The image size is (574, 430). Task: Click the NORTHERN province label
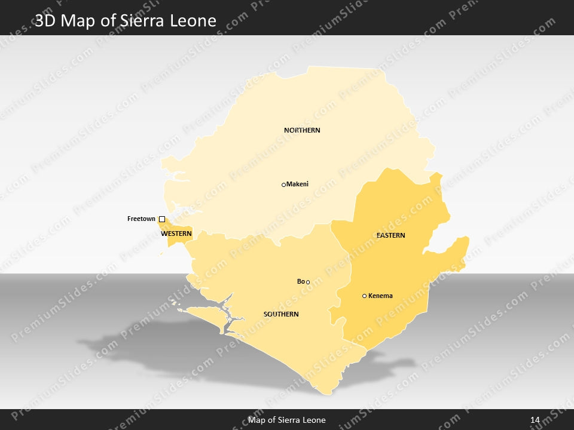coord(302,130)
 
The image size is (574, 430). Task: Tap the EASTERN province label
coord(390,235)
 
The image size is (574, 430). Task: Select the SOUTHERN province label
coord(281,314)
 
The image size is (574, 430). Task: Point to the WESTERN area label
coord(176,234)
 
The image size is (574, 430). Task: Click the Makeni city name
coord(297,184)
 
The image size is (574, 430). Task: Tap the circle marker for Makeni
coord(283,185)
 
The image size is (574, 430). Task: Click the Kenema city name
coord(380,296)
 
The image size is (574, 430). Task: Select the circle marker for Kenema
coord(364,296)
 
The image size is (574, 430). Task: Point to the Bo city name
coord(301,281)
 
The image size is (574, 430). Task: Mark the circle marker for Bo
coord(308,282)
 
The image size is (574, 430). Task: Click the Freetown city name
coord(141,219)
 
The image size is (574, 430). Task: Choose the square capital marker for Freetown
coord(161,219)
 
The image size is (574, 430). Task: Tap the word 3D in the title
coord(46,21)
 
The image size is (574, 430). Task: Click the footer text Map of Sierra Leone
coord(287,420)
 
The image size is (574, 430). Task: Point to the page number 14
coord(535,420)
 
